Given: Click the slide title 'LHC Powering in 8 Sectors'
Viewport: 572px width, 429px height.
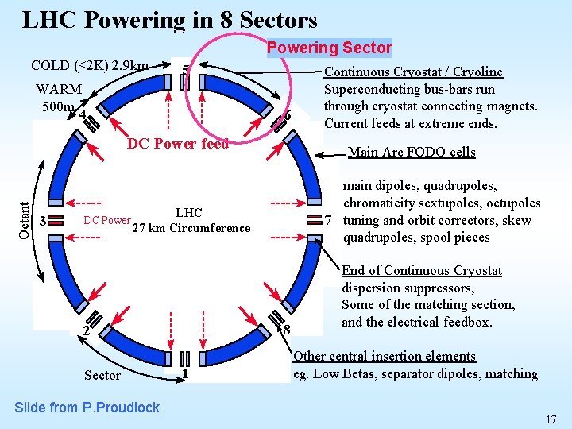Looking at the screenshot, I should (x=169, y=20).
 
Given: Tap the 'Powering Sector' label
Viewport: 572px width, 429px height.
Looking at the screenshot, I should (x=329, y=48).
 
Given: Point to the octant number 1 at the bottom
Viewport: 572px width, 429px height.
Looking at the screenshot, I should (x=184, y=373).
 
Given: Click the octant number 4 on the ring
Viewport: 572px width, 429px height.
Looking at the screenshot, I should (x=82, y=114).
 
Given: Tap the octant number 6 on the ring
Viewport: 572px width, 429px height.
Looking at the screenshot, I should (x=287, y=116).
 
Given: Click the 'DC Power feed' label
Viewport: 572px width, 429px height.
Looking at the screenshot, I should (x=178, y=144).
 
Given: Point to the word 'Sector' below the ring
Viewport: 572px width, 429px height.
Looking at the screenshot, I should (x=102, y=375).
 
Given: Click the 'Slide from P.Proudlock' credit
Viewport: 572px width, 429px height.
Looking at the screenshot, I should (x=87, y=408).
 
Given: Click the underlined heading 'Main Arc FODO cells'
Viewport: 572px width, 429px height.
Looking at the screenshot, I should (x=412, y=152).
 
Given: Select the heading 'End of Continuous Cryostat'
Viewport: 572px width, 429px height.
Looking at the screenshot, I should (x=422, y=270).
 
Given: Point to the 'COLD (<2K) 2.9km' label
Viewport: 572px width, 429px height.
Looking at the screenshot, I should (x=89, y=65).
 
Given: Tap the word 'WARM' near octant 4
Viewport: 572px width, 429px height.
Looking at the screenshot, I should (x=60, y=90).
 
